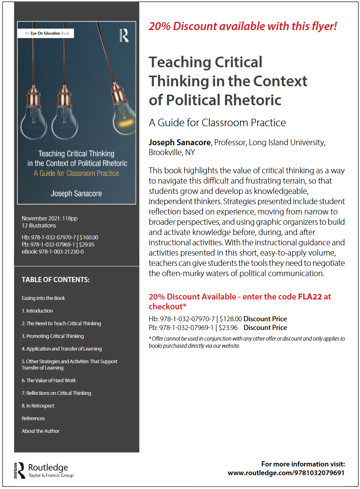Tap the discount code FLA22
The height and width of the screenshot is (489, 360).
point(311,297)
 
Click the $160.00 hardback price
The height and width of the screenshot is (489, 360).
point(89,237)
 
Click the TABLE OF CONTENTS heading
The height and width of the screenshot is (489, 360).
point(56,280)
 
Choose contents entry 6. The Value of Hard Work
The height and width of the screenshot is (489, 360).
point(49,380)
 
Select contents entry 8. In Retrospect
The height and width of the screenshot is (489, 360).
point(38,406)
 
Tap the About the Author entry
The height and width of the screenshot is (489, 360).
point(40,431)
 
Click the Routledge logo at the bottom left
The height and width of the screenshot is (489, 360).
point(44,470)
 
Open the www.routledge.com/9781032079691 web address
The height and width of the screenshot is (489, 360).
point(286,473)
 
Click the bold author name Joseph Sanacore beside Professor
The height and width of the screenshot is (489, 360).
point(180,142)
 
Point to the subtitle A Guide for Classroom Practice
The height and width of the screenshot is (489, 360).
point(217,123)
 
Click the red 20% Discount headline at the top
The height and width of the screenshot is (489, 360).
point(243,27)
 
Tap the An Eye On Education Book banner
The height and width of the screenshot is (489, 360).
point(47,33)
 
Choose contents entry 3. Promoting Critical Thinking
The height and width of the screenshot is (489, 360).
point(53,336)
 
